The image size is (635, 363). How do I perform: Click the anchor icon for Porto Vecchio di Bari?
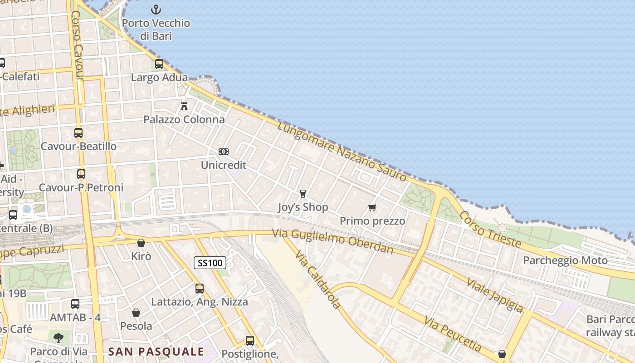tap(156, 10)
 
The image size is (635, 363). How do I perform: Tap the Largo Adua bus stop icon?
tap(159, 64)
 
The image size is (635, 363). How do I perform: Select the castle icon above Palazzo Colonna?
tap(184, 106)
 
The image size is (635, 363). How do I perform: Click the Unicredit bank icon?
tap(224, 152)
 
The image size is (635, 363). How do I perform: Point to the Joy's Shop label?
tap(303, 208)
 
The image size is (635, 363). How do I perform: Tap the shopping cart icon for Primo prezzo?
tap(372, 208)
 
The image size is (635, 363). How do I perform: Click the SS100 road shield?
tap(210, 262)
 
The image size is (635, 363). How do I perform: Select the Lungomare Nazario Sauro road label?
tap(342, 151)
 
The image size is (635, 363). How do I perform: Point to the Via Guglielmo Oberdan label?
tap(332, 241)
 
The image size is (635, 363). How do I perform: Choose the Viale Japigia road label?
tap(495, 295)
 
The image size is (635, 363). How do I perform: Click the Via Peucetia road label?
tap(453, 334)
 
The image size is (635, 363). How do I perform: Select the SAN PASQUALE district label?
tap(156, 352)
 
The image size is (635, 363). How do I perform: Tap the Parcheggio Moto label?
tap(565, 260)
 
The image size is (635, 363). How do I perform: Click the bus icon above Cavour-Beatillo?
tap(78, 133)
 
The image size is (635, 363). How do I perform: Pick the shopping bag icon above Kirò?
tap(141, 243)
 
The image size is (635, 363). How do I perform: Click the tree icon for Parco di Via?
tap(59, 338)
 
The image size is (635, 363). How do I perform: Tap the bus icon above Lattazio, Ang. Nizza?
tap(200, 289)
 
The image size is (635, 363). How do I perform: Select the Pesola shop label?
tap(136, 326)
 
